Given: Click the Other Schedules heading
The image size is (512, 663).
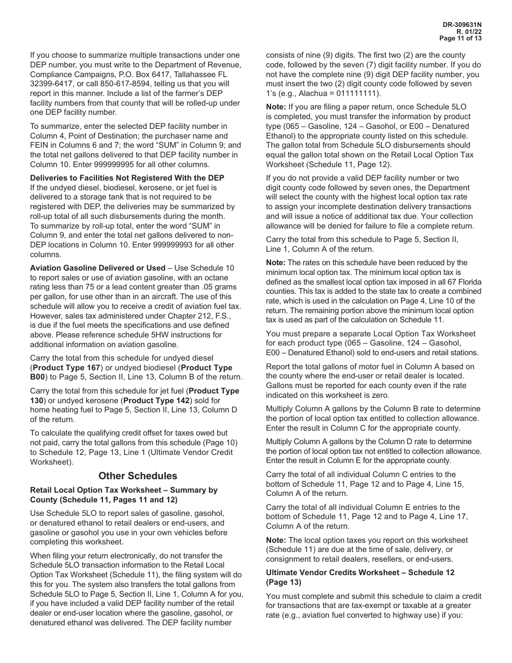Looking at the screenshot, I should (137, 476).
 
